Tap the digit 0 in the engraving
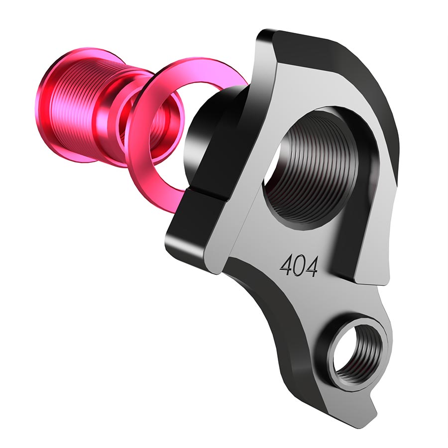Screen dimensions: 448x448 coord(299,266)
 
